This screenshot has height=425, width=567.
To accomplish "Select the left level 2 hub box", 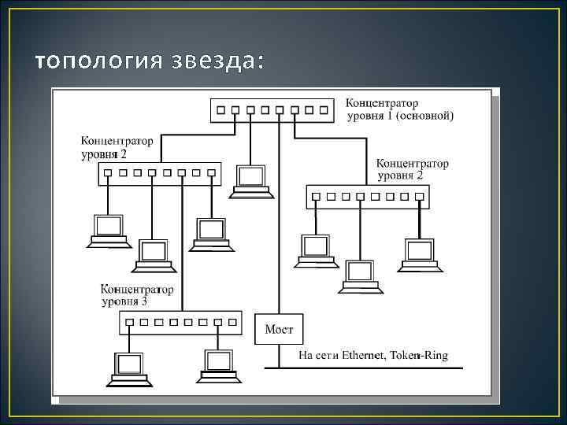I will (x=159, y=174).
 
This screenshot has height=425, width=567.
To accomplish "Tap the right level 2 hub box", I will (x=367, y=197).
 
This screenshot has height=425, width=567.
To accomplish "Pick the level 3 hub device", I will (x=181, y=323).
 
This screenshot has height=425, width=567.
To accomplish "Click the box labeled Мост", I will (x=279, y=328).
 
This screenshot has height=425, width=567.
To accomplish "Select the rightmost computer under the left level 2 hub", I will (x=211, y=235).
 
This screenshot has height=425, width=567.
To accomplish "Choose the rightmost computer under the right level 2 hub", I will (x=418, y=255).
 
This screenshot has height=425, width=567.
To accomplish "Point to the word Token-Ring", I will (x=421, y=356).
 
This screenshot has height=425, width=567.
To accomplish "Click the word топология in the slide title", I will (x=98, y=61).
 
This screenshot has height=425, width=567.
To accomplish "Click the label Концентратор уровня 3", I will (x=137, y=295).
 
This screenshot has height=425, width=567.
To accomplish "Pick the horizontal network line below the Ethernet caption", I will (x=370, y=368).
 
